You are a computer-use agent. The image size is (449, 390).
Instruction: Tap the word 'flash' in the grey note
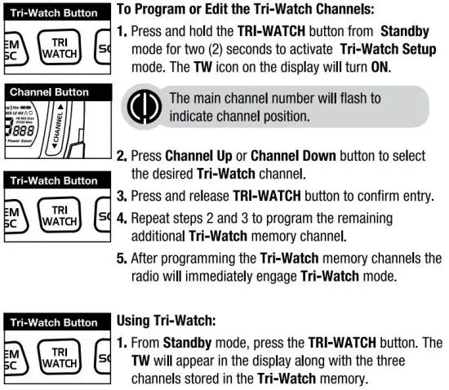(336, 98)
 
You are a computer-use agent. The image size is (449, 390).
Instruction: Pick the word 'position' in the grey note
(277, 115)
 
